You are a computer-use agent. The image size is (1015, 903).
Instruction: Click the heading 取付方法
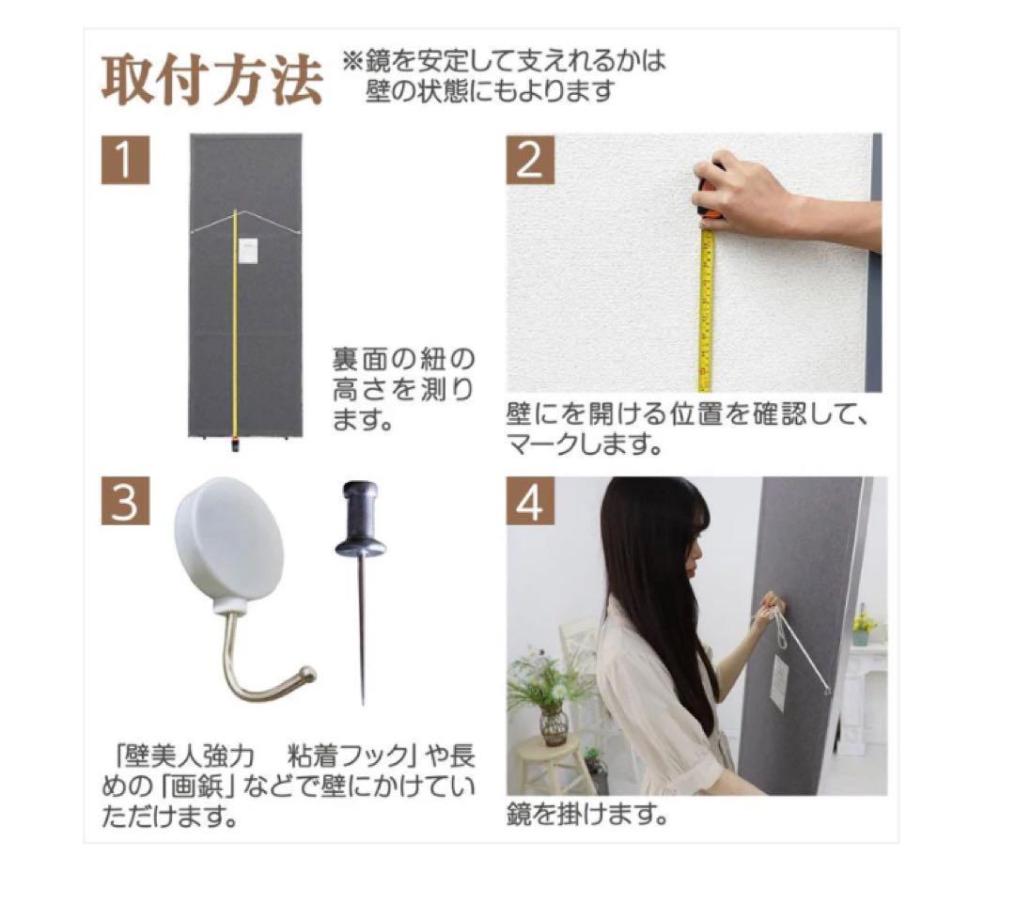[211, 82]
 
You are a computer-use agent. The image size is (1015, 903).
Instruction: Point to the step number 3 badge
[125, 503]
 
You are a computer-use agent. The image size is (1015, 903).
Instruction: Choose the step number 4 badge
[530, 503]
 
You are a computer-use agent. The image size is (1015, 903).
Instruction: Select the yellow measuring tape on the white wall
[706, 310]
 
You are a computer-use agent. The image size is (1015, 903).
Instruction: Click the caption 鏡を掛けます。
[587, 814]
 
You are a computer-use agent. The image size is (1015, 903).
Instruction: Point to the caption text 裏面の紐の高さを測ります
[402, 389]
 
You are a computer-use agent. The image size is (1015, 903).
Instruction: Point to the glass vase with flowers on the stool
[554, 724]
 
